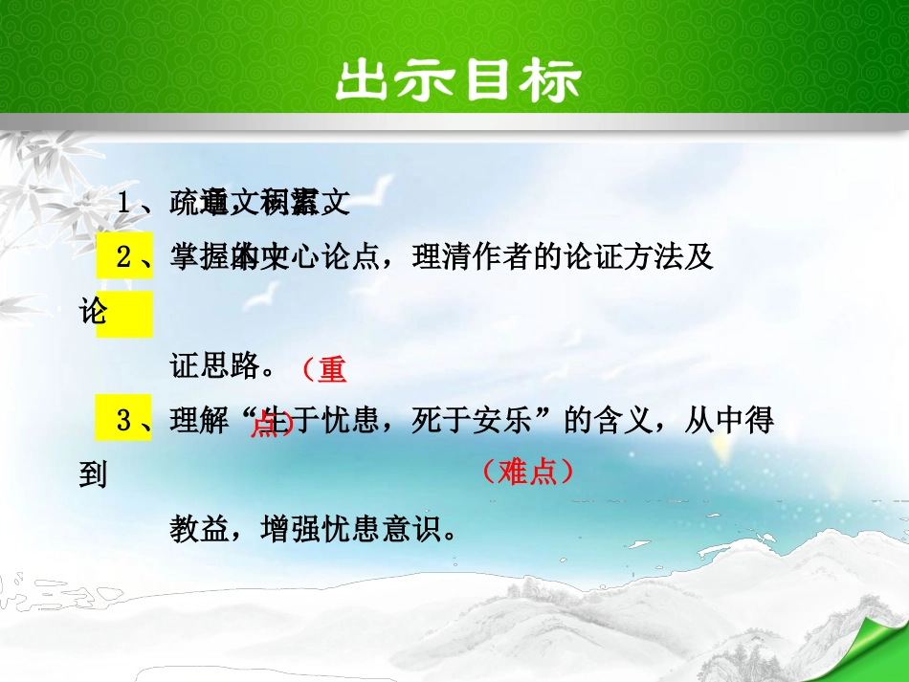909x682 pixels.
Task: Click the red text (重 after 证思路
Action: [x=323, y=368]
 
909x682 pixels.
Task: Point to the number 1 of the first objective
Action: [x=124, y=203]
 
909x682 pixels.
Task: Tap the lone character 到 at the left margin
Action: [x=93, y=474]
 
